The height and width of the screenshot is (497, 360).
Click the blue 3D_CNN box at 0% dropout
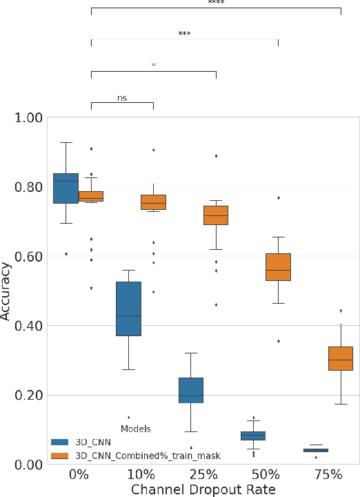click(x=66, y=188)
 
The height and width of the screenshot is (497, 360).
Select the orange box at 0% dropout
click(x=91, y=196)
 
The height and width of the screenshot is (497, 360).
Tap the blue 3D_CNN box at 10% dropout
click(x=128, y=309)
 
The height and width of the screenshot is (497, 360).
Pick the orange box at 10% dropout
click(x=154, y=202)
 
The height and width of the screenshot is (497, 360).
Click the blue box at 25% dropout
click(x=191, y=390)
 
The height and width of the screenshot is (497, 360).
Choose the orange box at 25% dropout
click(x=216, y=215)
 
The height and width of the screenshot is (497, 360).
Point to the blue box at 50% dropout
click(x=253, y=436)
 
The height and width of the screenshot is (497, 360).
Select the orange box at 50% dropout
click(x=278, y=267)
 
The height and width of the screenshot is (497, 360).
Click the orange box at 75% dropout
click(x=341, y=359)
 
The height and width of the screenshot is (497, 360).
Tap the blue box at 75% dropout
click(x=316, y=450)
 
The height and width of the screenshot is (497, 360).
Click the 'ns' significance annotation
click(x=123, y=98)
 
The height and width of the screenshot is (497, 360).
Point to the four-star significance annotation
click(x=216, y=3)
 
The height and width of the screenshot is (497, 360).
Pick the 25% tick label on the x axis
click(x=203, y=475)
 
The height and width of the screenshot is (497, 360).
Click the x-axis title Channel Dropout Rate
click(x=203, y=489)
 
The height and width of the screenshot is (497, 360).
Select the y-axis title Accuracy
click(x=7, y=291)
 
